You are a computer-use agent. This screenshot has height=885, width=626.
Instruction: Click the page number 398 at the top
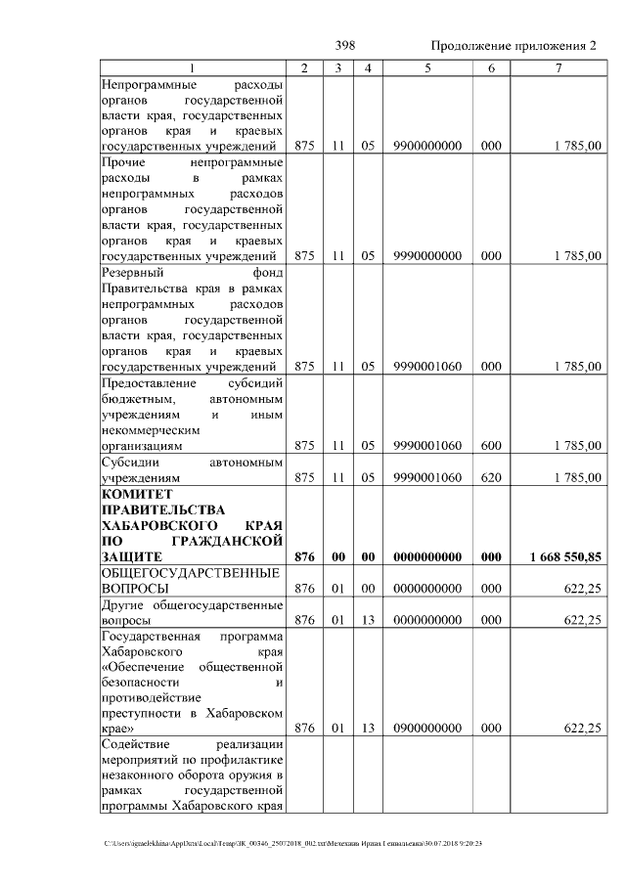click(x=345, y=46)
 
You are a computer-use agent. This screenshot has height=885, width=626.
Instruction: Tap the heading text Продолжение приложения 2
click(x=513, y=46)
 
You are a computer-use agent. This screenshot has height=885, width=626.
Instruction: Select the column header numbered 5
click(x=427, y=67)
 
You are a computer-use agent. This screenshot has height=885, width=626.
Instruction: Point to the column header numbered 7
click(x=558, y=67)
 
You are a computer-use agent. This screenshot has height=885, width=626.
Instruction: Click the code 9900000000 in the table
click(x=427, y=146)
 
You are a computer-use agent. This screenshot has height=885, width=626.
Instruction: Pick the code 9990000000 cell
click(x=427, y=256)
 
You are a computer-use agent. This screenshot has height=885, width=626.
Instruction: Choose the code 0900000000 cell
click(x=427, y=729)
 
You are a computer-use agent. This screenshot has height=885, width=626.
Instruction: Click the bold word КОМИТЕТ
click(x=136, y=495)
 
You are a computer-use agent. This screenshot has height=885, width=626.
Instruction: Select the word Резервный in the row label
click(x=132, y=273)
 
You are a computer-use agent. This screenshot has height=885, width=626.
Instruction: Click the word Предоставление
click(x=149, y=383)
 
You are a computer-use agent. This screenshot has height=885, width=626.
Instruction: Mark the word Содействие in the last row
click(x=136, y=746)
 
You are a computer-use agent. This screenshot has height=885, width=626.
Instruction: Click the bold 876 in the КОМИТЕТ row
click(x=304, y=556)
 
